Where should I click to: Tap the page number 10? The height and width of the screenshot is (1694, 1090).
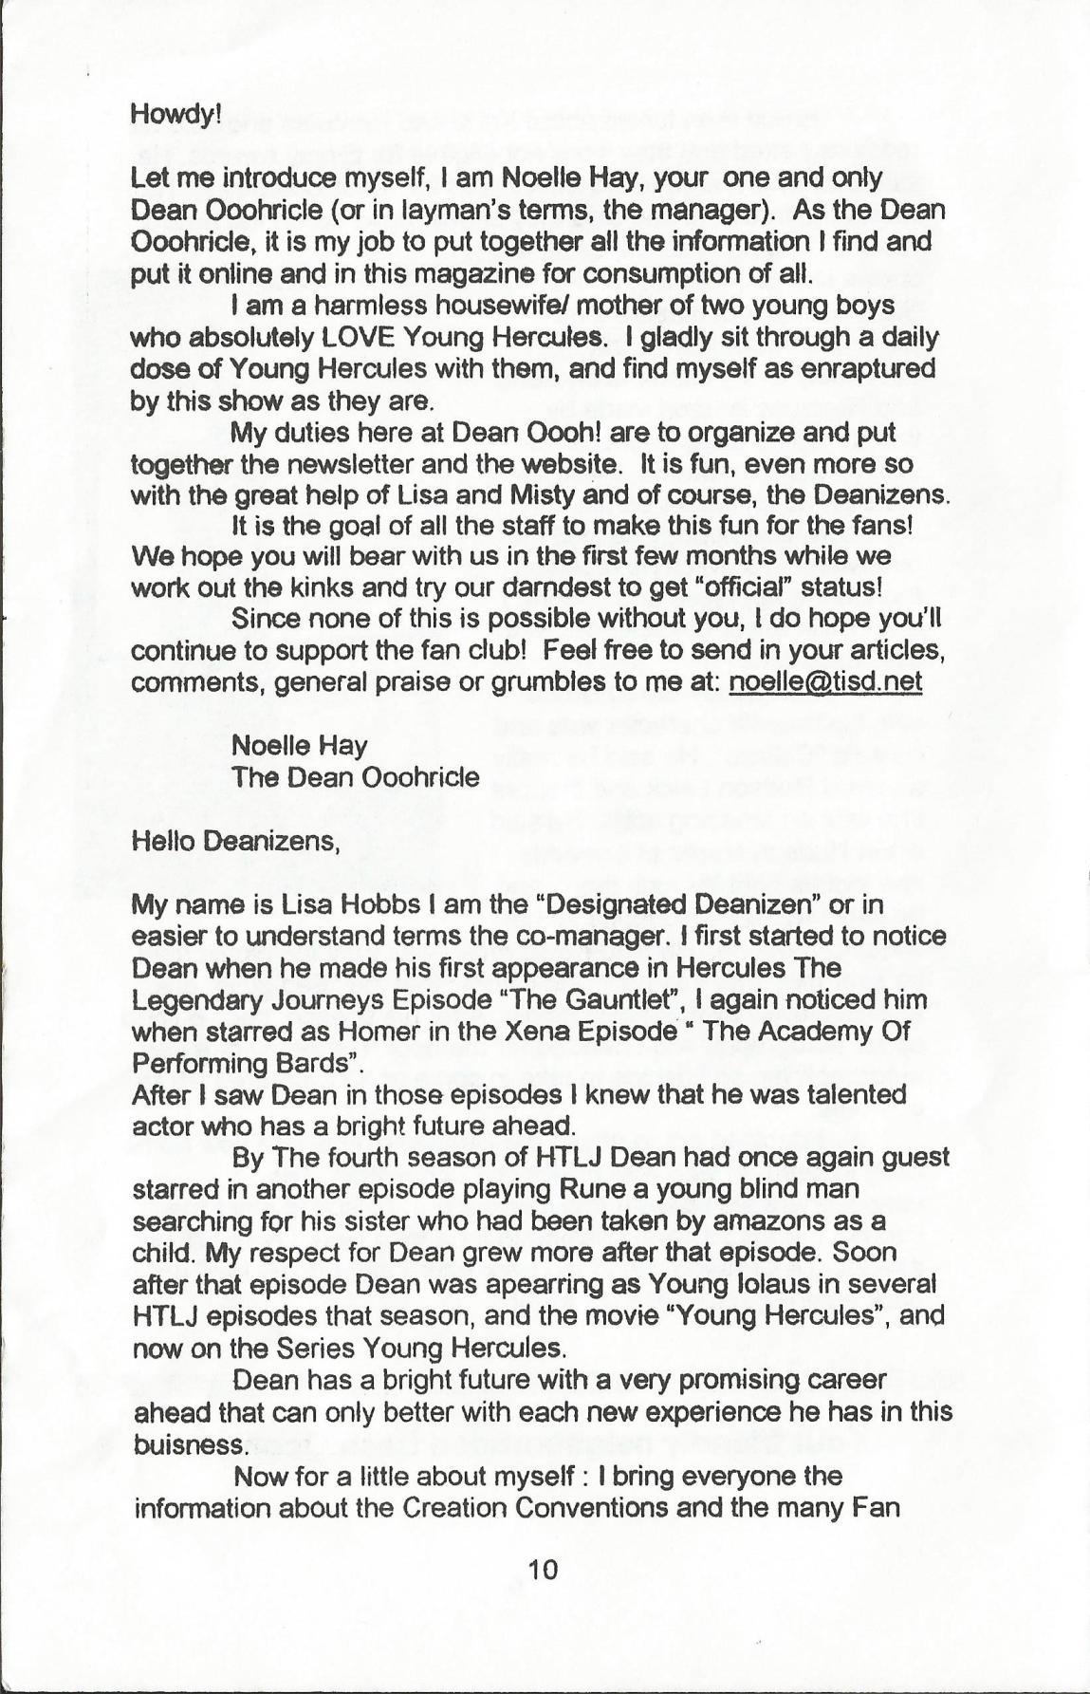coord(544,1569)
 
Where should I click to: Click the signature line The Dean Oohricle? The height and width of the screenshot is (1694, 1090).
coord(356,777)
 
